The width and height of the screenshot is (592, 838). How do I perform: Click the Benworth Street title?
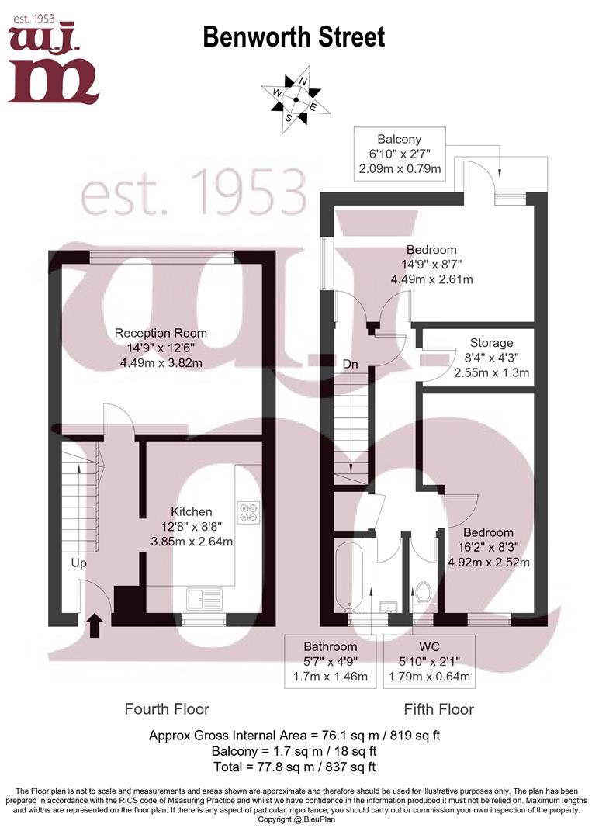[x=293, y=36]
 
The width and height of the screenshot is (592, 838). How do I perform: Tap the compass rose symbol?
[x=296, y=99]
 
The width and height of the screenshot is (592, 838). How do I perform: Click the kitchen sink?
[x=204, y=600]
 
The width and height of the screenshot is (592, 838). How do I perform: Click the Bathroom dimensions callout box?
[x=331, y=661]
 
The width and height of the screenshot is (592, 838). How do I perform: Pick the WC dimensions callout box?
[x=429, y=661]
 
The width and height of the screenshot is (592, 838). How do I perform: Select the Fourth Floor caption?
[x=167, y=709]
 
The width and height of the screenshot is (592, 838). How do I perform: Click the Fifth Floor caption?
[x=438, y=709]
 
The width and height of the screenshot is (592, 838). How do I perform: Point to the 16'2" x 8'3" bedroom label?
[x=488, y=547]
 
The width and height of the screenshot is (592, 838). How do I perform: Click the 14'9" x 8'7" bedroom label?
[x=432, y=265]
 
